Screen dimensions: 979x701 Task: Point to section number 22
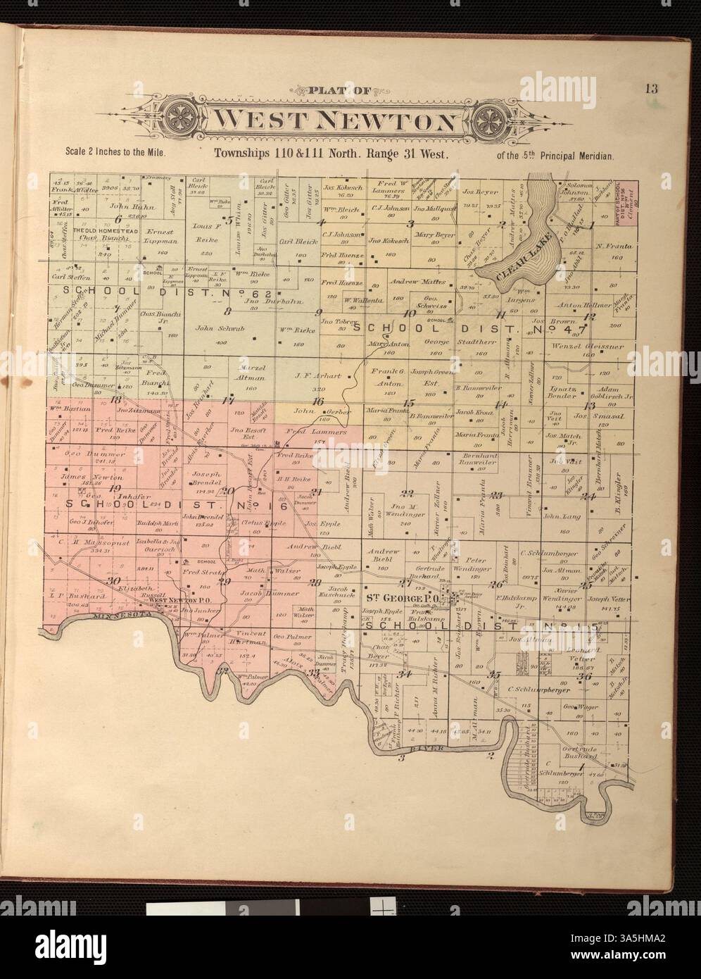(407, 492)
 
